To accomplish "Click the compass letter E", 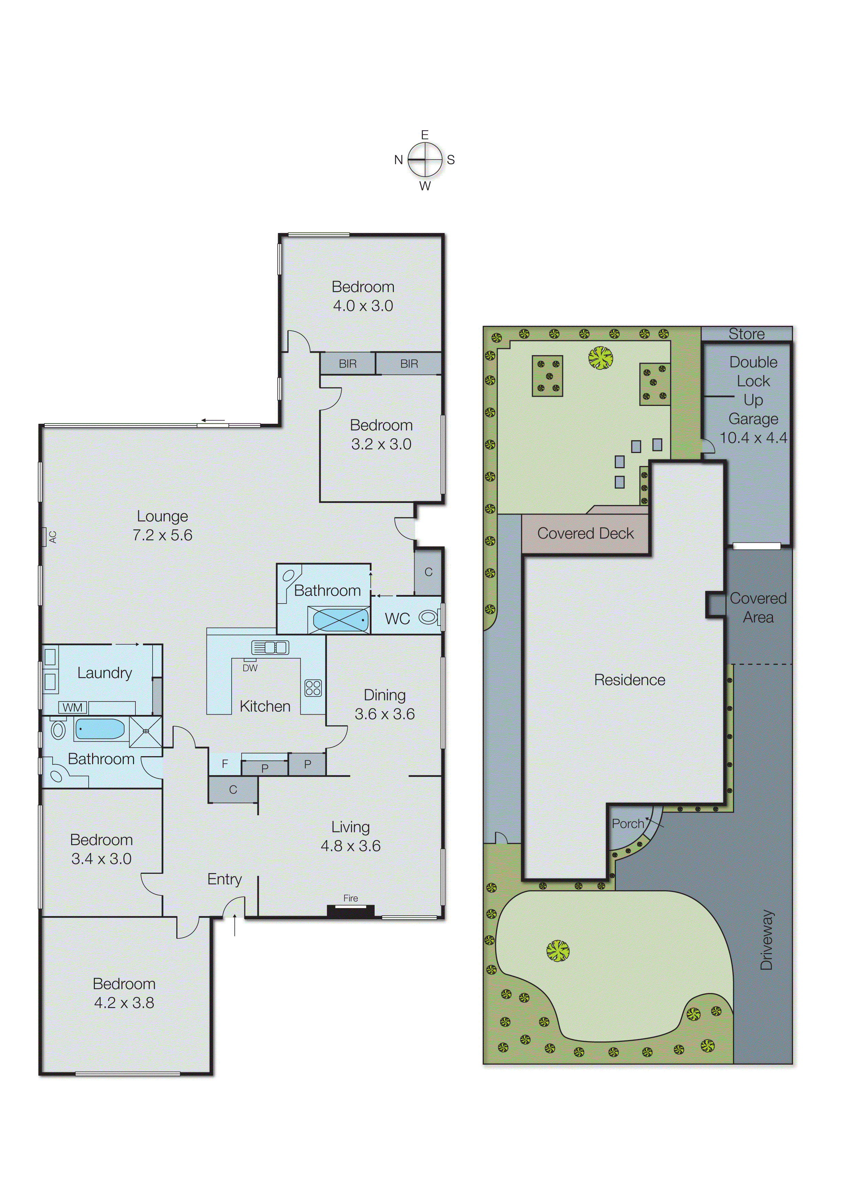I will point(424,135).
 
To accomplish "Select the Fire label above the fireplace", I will point(351,898).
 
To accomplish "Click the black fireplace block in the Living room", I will point(351,910).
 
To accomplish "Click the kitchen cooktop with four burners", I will point(313,688).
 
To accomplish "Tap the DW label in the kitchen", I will point(250,668).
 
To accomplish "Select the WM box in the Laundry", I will point(73,707).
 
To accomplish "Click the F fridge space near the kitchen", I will point(224,764).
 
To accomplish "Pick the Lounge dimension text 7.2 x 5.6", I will point(162,535).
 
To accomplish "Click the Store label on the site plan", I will point(746,334).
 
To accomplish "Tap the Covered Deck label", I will point(586,533).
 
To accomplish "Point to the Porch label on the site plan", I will point(628,824).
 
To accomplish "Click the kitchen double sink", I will point(270,648).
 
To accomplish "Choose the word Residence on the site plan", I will point(630,680).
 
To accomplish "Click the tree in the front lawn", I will point(558,951).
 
